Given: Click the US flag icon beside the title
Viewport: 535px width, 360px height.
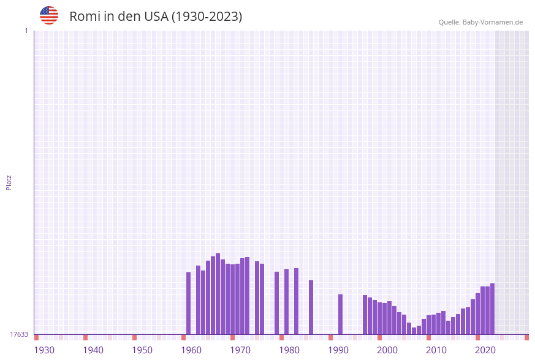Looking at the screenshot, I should click(49, 15).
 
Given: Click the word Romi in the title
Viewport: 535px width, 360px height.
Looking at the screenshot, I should click(85, 17).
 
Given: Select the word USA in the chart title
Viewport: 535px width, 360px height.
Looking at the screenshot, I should click(156, 17).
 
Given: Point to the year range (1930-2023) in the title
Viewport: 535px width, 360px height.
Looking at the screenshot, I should click(207, 17).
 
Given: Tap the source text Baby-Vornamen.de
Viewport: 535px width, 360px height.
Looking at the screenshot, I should click(493, 22).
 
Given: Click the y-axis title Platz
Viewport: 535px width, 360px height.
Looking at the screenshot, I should click(9, 182).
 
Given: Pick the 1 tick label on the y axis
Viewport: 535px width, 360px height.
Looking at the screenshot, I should click(26, 31).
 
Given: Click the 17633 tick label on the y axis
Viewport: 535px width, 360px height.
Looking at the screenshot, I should click(19, 334).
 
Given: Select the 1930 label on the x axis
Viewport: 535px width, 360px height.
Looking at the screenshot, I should click(44, 350).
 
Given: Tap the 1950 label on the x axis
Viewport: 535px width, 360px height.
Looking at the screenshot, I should click(142, 350).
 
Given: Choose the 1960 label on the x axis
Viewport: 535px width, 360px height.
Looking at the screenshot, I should click(191, 350).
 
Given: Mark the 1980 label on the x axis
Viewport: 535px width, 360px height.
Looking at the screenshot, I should click(289, 350).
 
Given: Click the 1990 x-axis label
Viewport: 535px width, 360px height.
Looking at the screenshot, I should click(338, 350).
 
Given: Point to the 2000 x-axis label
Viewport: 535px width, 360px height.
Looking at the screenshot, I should click(387, 350).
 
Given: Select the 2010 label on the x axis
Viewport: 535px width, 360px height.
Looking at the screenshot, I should click(436, 350).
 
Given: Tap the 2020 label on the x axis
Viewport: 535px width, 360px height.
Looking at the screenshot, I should click(485, 350).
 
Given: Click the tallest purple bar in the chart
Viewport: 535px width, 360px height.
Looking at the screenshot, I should click(218, 294).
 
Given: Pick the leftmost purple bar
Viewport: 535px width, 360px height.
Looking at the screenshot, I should click(188, 303).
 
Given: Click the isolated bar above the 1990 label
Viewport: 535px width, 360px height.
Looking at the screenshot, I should click(340, 314).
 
